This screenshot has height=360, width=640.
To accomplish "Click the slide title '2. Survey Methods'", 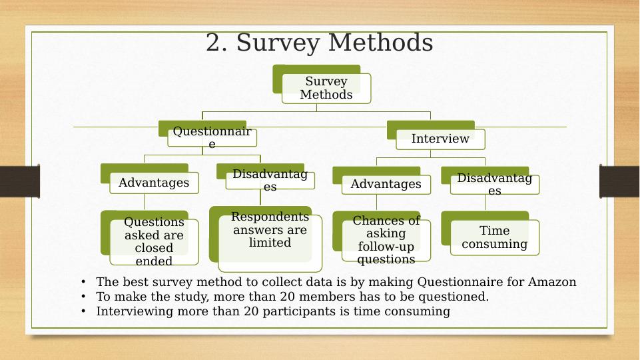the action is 319,43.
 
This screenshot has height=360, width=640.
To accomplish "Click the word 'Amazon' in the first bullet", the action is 552,282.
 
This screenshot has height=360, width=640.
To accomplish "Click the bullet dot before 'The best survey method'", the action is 83,282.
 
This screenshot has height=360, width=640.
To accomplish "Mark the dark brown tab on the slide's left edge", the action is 20,181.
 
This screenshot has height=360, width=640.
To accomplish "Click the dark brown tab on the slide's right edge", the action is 619,181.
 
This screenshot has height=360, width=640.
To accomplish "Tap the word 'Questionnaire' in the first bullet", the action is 460,282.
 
